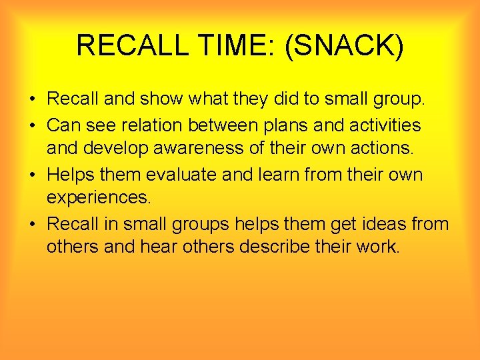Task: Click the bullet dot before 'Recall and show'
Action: (x=33, y=100)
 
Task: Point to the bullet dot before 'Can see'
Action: (x=33, y=125)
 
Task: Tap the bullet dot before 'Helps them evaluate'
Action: (x=33, y=175)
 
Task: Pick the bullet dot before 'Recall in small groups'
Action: (x=33, y=224)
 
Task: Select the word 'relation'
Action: (x=166, y=125)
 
